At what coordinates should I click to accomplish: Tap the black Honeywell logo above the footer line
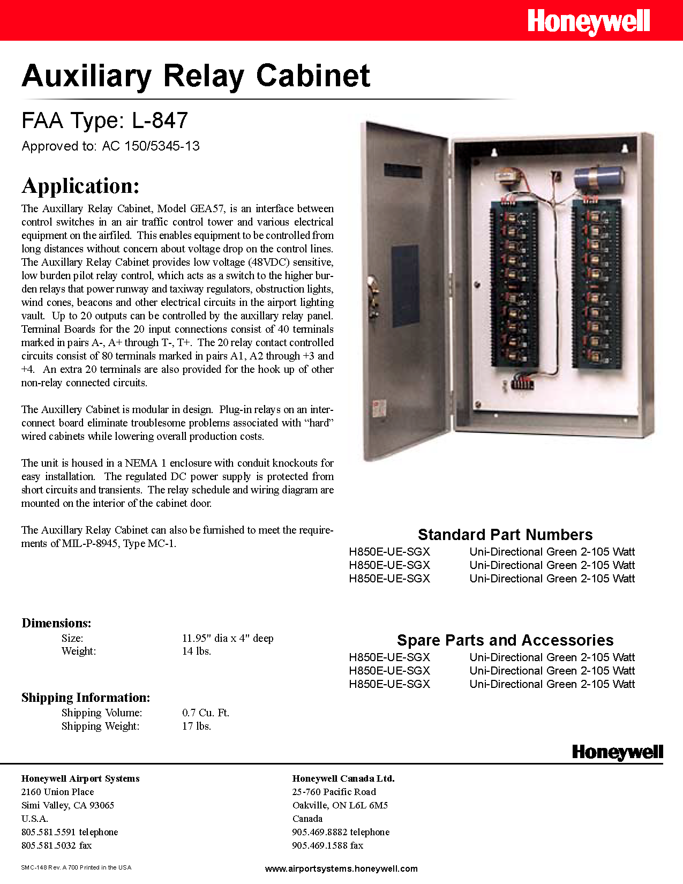[x=617, y=752]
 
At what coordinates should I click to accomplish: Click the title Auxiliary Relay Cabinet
[x=196, y=76]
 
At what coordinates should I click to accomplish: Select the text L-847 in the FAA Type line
[x=160, y=121]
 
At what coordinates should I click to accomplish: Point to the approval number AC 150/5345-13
[x=151, y=146]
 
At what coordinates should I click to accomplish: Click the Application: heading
[x=81, y=186]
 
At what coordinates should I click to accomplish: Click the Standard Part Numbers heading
[x=505, y=535]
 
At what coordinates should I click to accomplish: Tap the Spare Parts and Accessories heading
[x=505, y=640]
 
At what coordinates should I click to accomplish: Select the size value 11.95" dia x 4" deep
[x=228, y=638]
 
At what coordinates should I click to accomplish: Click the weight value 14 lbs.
[x=197, y=651]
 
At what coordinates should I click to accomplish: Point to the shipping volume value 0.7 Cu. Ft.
[x=206, y=713]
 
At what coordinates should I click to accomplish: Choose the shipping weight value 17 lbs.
[x=197, y=726]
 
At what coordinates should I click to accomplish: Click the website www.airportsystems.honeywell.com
[x=341, y=868]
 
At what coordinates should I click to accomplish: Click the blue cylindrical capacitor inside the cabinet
[x=598, y=178]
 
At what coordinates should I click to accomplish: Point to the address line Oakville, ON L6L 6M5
[x=340, y=805]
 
